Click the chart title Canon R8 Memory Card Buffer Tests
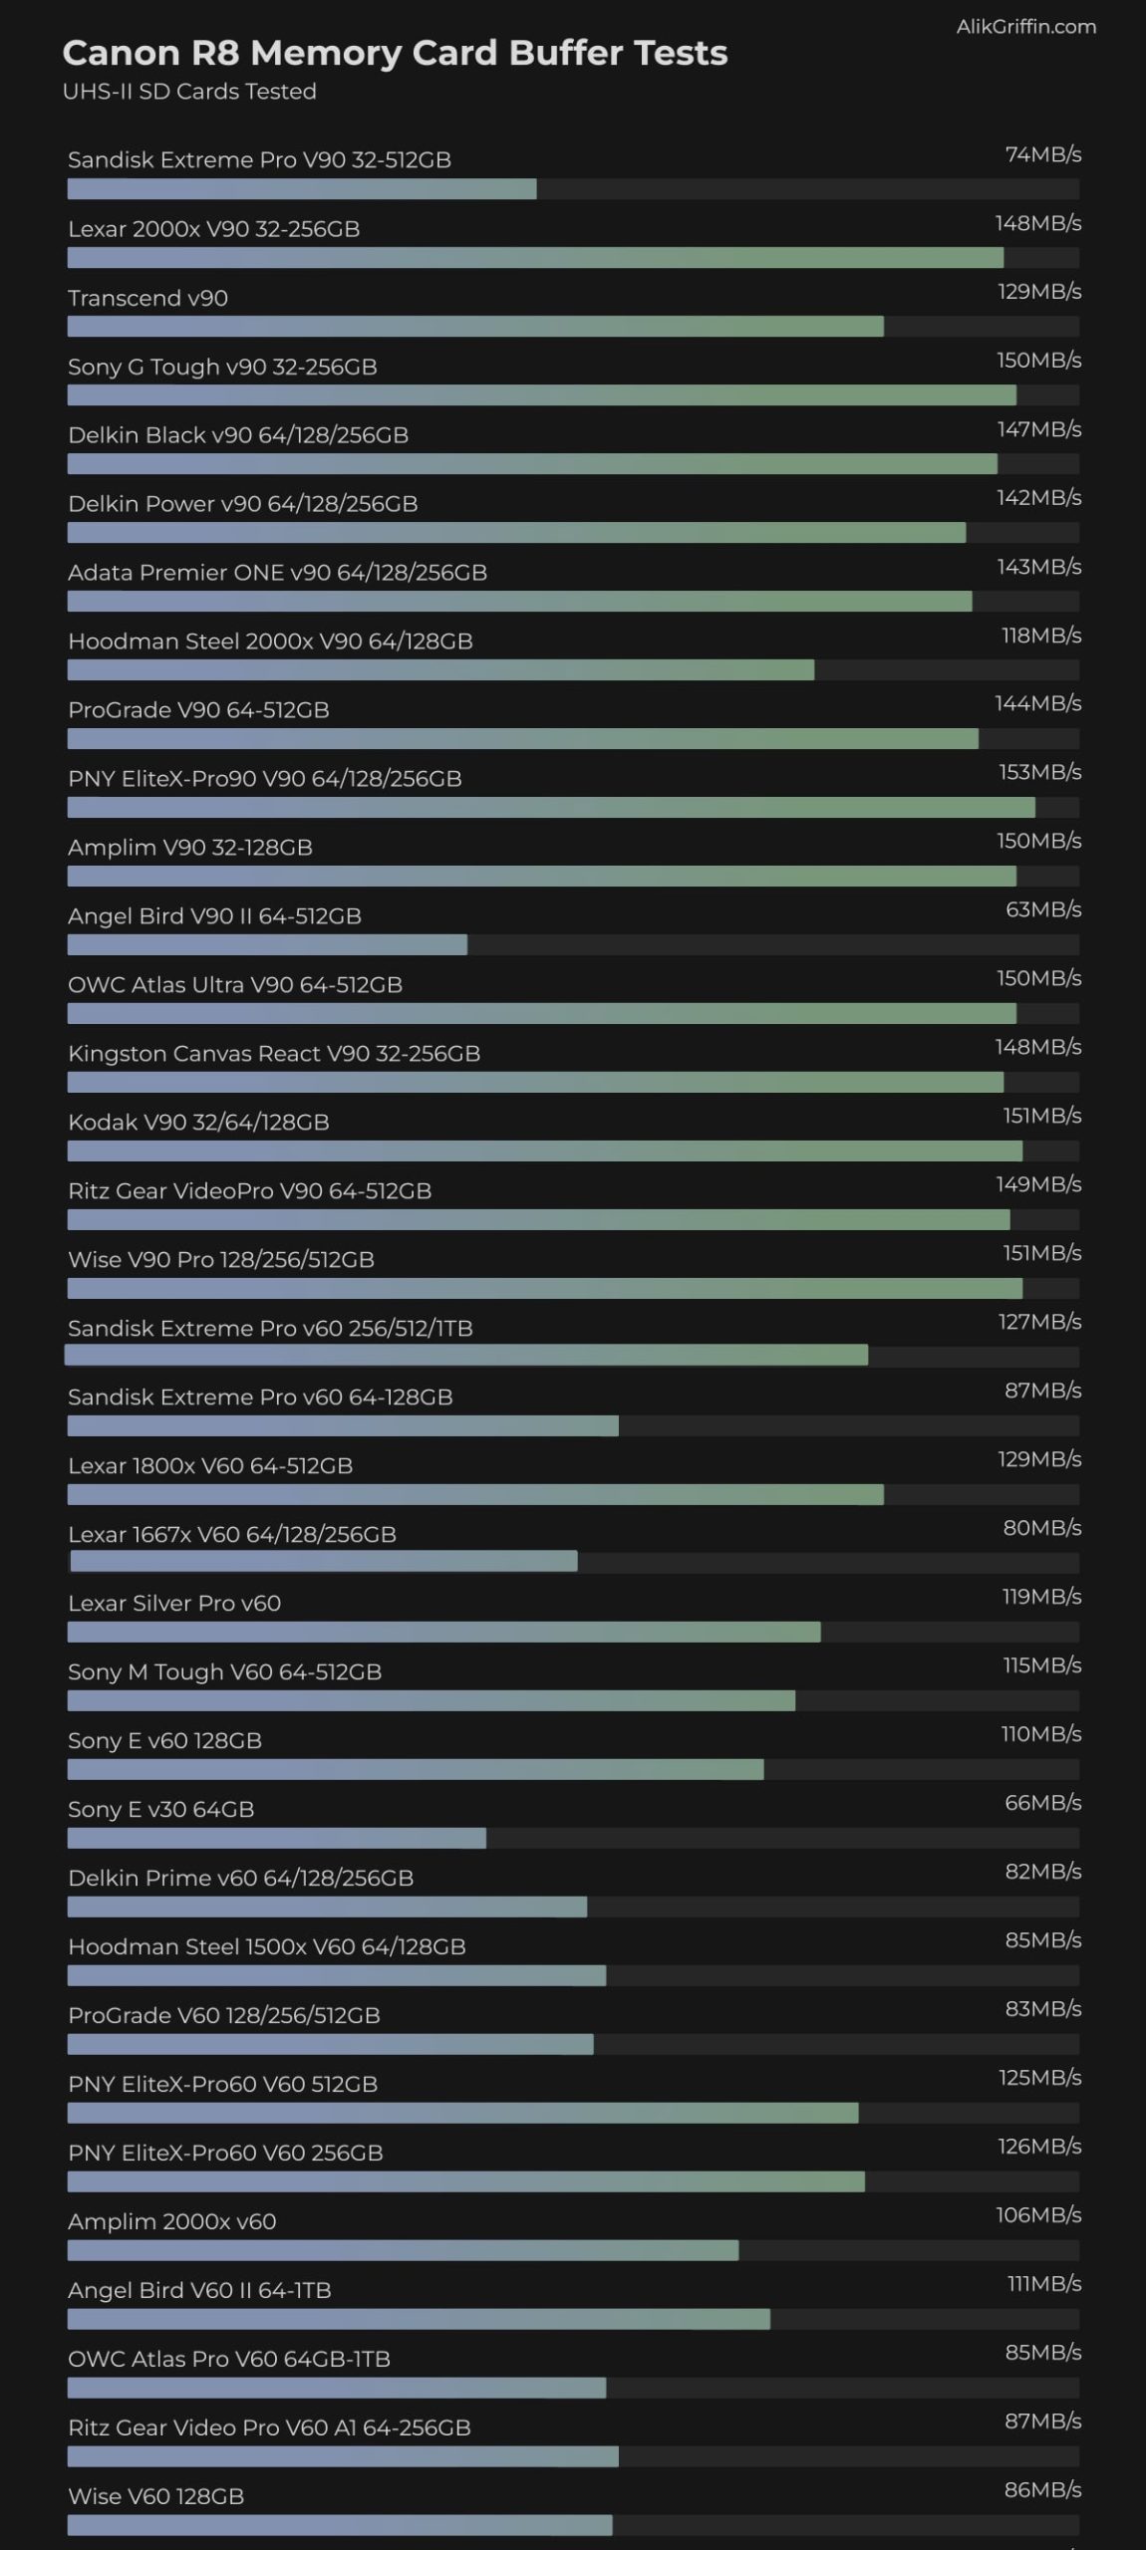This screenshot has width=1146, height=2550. (x=395, y=53)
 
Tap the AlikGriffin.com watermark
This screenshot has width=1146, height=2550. (x=1025, y=27)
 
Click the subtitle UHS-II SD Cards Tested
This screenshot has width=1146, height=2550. (x=189, y=92)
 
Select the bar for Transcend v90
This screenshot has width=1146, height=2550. (x=475, y=327)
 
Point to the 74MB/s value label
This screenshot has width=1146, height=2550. (x=1042, y=154)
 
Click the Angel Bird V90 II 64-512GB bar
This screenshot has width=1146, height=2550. (x=267, y=945)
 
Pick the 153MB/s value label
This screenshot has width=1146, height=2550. (x=1039, y=773)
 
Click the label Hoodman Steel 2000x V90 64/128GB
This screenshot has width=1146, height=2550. (x=270, y=641)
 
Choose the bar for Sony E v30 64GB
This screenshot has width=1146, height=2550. (x=276, y=1839)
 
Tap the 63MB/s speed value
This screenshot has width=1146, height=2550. (x=1042, y=909)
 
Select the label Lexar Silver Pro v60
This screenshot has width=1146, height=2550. (x=174, y=1604)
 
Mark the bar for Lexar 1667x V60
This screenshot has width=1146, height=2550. (x=323, y=1562)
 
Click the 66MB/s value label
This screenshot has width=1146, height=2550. (x=1042, y=1803)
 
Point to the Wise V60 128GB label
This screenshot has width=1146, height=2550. (x=155, y=2496)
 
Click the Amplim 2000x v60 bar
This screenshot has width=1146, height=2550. (x=403, y=2250)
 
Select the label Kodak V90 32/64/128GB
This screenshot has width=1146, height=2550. (x=198, y=1123)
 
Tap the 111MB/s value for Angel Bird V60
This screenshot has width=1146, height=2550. (x=1043, y=2284)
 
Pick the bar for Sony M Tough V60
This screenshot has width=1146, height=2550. (x=430, y=1700)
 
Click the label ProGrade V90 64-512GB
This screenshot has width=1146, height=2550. (x=198, y=710)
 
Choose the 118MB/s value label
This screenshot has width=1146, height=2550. (x=1040, y=636)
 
